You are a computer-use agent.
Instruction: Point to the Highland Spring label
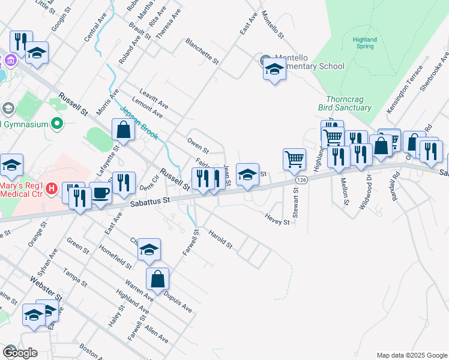(364, 43)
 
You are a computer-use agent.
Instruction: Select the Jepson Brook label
(139, 123)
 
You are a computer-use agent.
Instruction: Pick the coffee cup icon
(101, 193)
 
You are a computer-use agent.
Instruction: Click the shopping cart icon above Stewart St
(294, 159)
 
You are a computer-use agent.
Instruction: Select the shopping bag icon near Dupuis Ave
(157, 278)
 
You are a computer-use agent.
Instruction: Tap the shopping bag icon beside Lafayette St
(123, 130)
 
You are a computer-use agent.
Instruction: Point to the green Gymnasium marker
(58, 124)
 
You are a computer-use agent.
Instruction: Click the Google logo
(20, 353)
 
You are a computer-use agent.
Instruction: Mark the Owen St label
(197, 146)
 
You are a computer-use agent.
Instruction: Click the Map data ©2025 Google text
(411, 355)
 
